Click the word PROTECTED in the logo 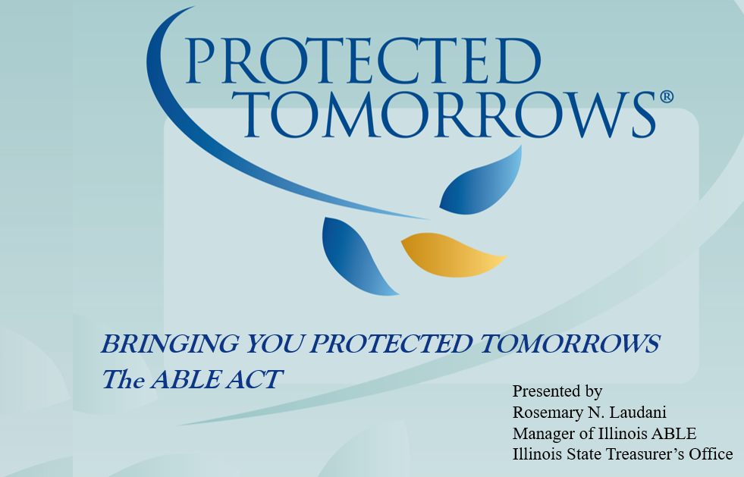pyautogui.click(x=360, y=60)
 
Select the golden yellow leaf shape pyautogui.click(x=452, y=256)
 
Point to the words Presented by pyautogui.click(x=557, y=391)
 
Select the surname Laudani pyautogui.click(x=636, y=413)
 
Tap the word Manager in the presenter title pyautogui.click(x=542, y=433)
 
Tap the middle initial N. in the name pyautogui.click(x=593, y=413)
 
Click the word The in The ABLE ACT pyautogui.click(x=122, y=378)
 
